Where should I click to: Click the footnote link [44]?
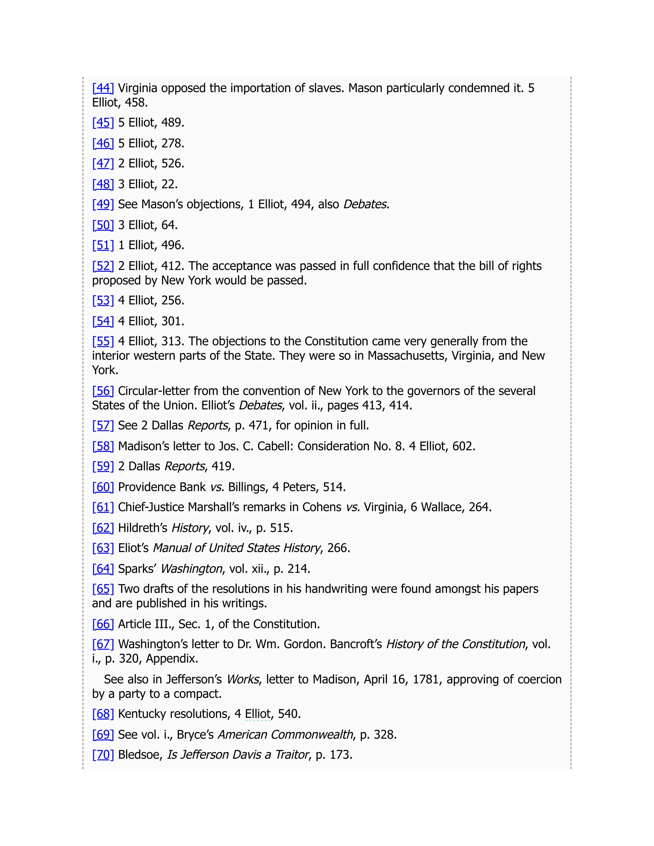(x=103, y=88)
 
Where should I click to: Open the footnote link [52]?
(x=103, y=266)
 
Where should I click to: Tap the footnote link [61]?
(x=103, y=507)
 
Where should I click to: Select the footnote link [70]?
(x=103, y=755)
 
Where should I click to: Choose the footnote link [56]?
(x=103, y=391)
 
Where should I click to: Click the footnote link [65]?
(x=103, y=589)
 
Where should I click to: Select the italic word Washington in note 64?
(x=191, y=569)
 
